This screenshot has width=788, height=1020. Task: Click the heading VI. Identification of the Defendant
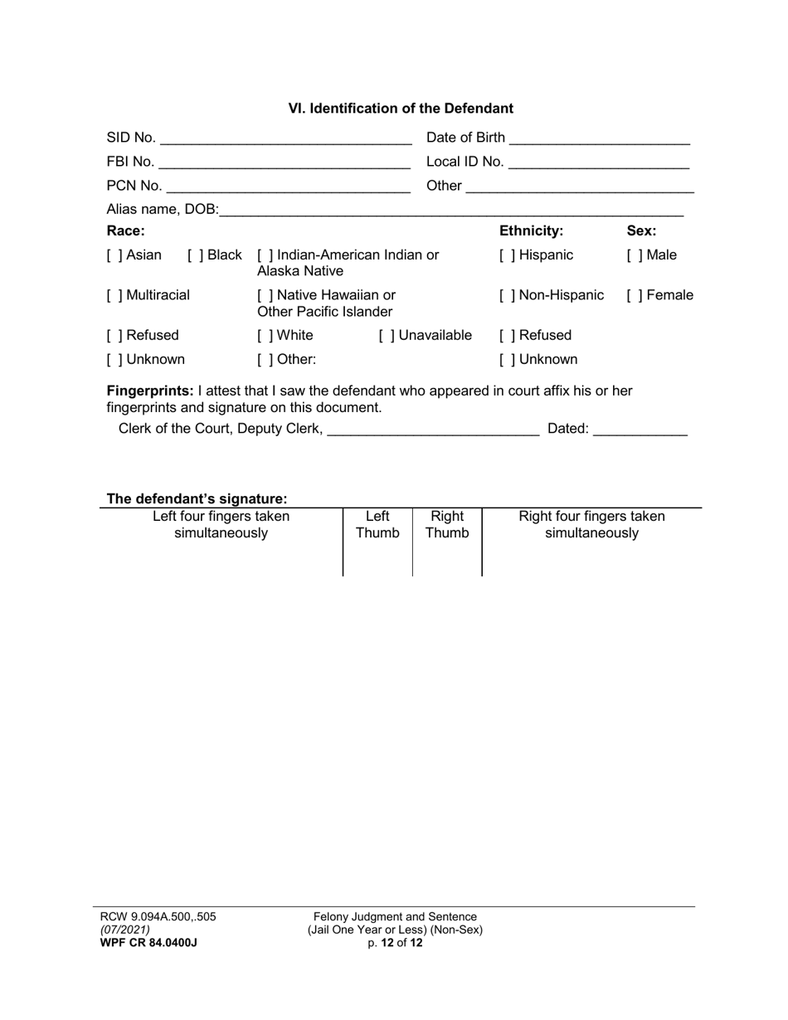pos(401,109)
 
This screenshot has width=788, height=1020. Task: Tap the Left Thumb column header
pos(377,525)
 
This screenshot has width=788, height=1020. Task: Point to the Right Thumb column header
pos(447,525)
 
